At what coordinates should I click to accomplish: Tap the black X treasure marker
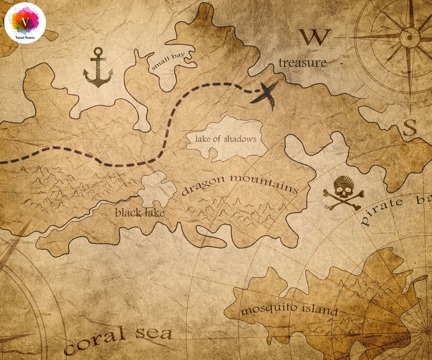pyautogui.click(x=265, y=93)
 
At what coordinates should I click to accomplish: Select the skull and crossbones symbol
pyautogui.click(x=343, y=193)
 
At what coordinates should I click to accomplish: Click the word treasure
pyautogui.click(x=302, y=62)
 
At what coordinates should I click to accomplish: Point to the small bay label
pyautogui.click(x=168, y=62)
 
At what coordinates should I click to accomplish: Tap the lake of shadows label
pyautogui.click(x=226, y=139)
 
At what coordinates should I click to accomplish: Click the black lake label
pyautogui.click(x=140, y=212)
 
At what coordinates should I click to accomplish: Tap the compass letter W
pyautogui.click(x=315, y=37)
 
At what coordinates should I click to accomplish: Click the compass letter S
pyautogui.click(x=409, y=128)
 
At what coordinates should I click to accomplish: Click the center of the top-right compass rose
pyautogui.click(x=409, y=36)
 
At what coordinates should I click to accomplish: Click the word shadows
pyautogui.click(x=242, y=139)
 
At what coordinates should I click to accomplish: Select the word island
pyautogui.click(x=317, y=310)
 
